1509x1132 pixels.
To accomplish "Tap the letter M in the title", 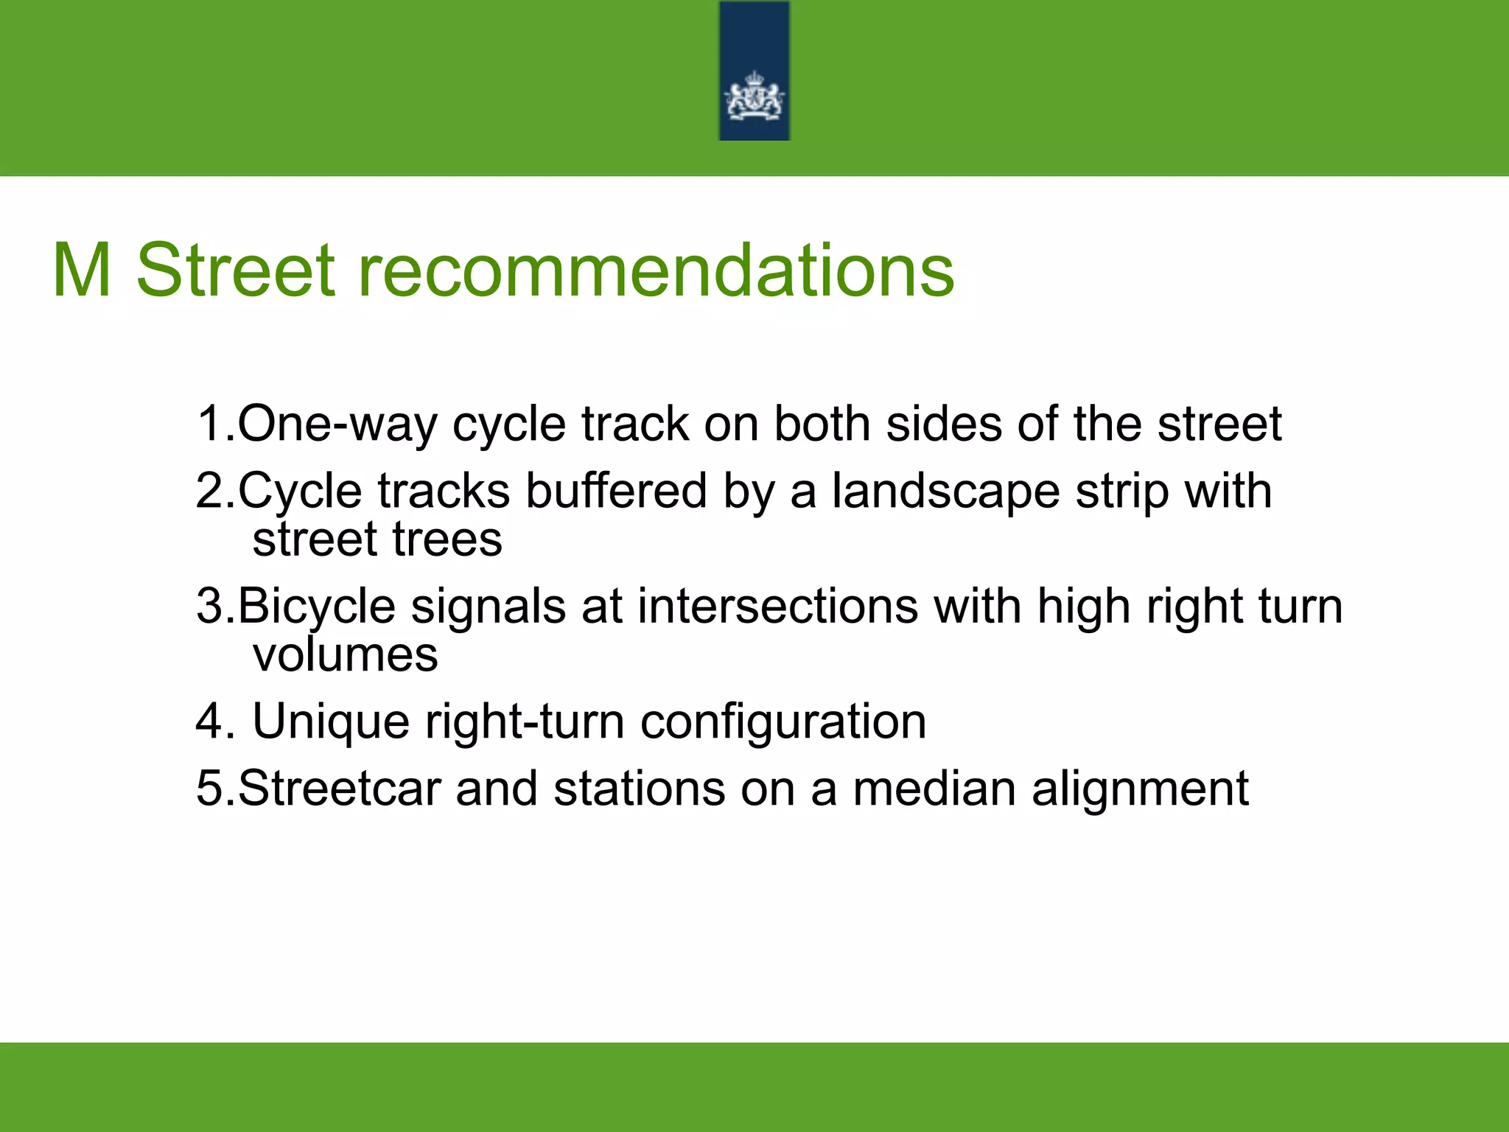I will (x=82, y=270).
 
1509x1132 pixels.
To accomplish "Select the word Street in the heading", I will (x=236, y=270).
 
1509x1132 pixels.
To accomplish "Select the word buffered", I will (x=616, y=491).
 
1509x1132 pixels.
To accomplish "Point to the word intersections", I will (x=777, y=606).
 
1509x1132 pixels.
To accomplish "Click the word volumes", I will (x=345, y=654).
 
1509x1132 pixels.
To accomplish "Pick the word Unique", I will (x=331, y=722).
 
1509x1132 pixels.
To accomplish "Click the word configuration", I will (x=783, y=722).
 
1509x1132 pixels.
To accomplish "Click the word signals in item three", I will (x=488, y=607).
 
